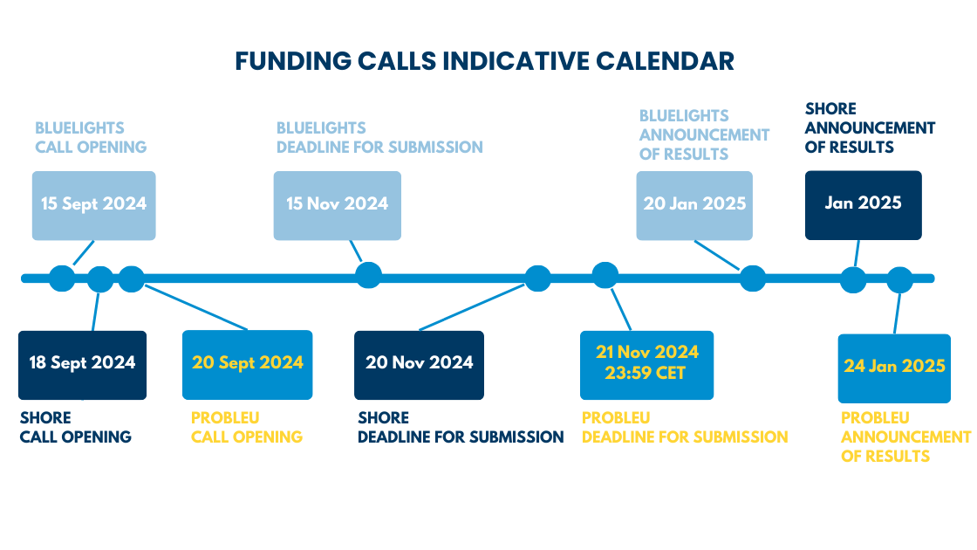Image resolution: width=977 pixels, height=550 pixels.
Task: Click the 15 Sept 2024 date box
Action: coord(94,206)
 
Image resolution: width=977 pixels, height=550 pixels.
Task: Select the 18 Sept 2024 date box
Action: coord(82,366)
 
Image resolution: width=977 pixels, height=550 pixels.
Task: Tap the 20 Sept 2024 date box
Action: coord(248,365)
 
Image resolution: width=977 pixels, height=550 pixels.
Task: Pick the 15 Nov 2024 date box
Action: coord(337,206)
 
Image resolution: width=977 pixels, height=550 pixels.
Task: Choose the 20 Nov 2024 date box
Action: coord(419,366)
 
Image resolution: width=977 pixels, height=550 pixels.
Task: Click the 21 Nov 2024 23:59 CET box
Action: coord(646,366)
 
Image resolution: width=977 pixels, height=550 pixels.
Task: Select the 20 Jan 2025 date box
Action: coord(694,206)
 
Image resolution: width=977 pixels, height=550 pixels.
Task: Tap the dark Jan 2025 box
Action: coord(863,205)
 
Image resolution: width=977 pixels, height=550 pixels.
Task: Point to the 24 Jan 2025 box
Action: coord(894,368)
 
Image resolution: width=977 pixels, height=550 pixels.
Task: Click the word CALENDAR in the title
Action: coord(665,61)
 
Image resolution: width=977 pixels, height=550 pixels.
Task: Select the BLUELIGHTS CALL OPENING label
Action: coord(91,137)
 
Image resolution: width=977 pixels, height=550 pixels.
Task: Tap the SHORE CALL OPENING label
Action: coord(75,427)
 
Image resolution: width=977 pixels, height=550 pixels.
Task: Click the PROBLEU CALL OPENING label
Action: coord(247,427)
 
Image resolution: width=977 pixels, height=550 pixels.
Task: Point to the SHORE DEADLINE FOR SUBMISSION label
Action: coord(461,427)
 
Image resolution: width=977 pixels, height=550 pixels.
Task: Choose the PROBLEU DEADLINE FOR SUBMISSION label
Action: coord(685,427)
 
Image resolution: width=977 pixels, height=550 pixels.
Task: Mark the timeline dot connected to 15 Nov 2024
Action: coord(368,275)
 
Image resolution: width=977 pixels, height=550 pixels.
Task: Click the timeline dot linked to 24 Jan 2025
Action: coord(899,280)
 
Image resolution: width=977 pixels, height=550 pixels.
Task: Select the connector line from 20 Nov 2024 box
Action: coord(472,307)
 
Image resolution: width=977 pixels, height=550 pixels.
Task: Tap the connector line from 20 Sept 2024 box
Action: coord(196,307)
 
